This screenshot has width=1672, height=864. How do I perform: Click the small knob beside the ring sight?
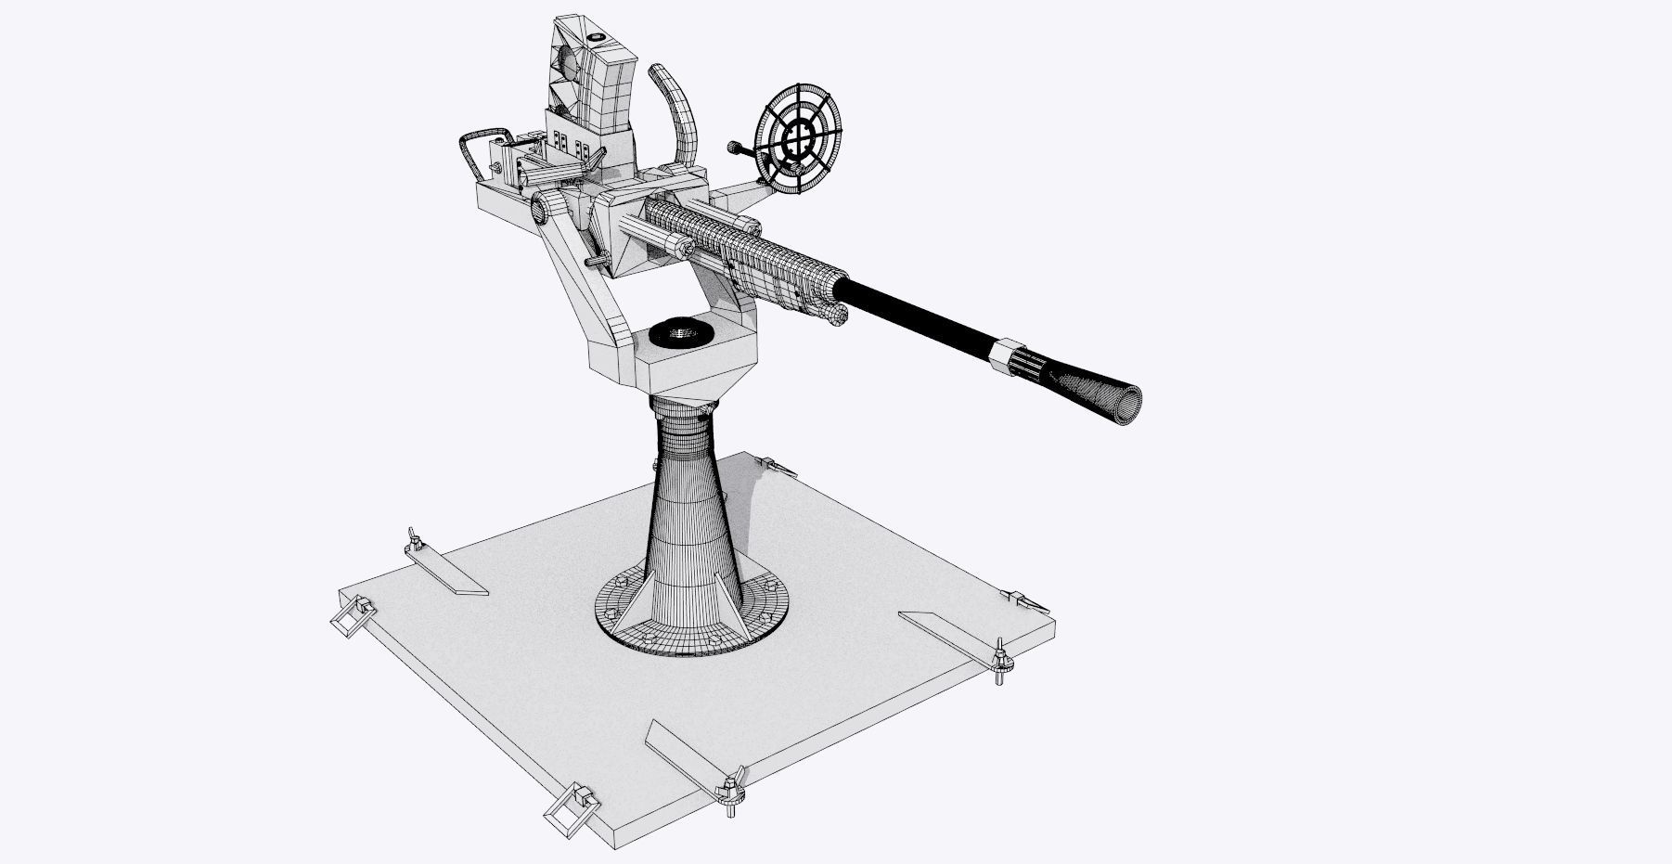(735, 147)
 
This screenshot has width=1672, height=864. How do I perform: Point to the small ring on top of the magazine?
(595, 39)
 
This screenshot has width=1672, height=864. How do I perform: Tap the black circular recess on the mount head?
(680, 332)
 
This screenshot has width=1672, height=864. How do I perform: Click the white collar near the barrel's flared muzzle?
(1002, 357)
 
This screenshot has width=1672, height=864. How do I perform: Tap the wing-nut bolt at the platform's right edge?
(1000, 660)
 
